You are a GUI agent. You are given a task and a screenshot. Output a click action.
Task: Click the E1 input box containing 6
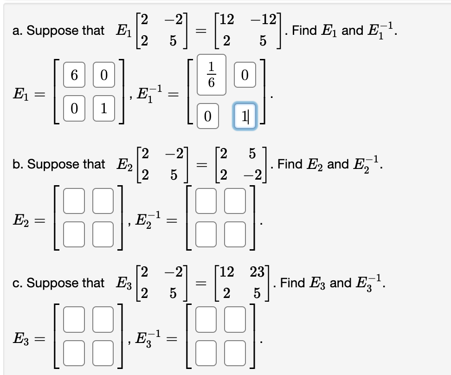pyautogui.click(x=74, y=76)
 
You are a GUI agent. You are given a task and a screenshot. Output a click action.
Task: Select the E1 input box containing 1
pyautogui.click(x=104, y=109)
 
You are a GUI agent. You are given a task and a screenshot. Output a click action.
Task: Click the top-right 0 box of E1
pyautogui.click(x=104, y=76)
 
